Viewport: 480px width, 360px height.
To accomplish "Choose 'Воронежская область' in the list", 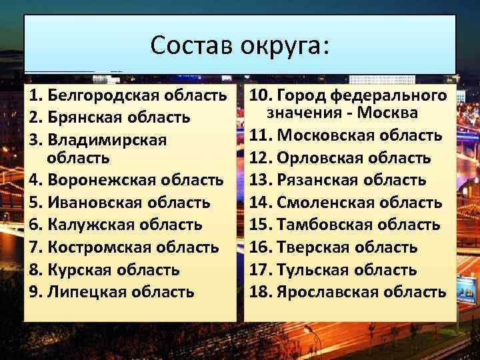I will (136, 180).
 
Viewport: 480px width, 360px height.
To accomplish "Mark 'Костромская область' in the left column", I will (133, 247).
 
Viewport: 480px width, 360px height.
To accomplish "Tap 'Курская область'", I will (114, 270).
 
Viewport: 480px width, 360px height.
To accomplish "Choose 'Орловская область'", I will (354, 159).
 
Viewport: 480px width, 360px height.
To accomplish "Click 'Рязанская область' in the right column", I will (351, 180).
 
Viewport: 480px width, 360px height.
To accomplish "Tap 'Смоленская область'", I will (359, 203).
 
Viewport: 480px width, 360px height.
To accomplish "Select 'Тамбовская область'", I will (359, 225).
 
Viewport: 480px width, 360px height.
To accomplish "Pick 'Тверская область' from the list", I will (347, 248).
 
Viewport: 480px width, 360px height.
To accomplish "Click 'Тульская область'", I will (347, 270).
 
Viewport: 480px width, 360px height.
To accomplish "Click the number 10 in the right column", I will (257, 96).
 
